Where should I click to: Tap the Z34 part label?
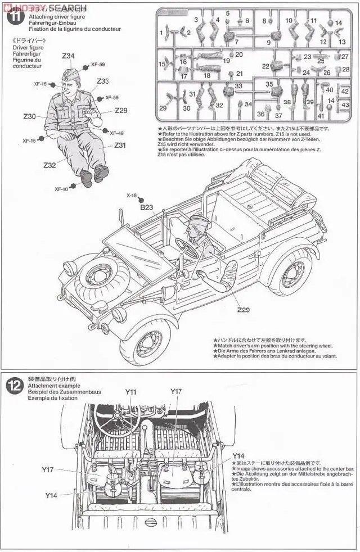pyautogui.click(x=68, y=56)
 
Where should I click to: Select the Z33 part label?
pyautogui.click(x=102, y=82)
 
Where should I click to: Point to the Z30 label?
pyautogui.click(x=29, y=116)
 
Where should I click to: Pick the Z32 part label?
pyautogui.click(x=49, y=165)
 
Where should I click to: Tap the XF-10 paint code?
pyautogui.click(x=61, y=189)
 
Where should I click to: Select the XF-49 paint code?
pyautogui.click(x=116, y=133)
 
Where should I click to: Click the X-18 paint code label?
pyautogui.click(x=132, y=196)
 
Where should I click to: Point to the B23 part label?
pyautogui.click(x=146, y=207)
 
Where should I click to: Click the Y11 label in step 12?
pyautogui.click(x=131, y=392)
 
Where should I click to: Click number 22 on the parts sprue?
pyautogui.click(x=265, y=66)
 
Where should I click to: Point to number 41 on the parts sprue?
pyautogui.click(x=321, y=116)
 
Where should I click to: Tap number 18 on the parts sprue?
pyautogui.click(x=206, y=76)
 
